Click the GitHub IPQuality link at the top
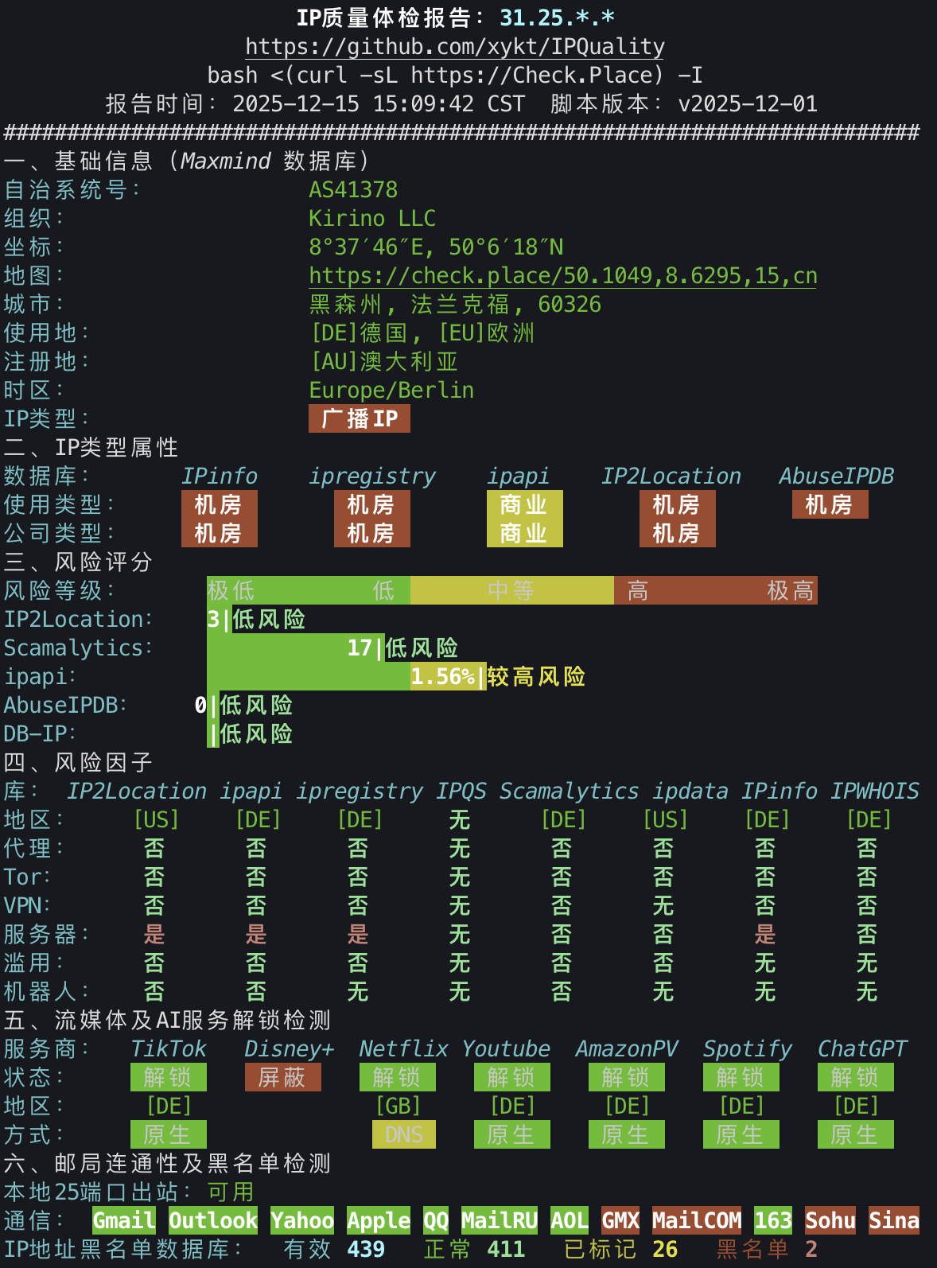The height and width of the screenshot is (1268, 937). [454, 47]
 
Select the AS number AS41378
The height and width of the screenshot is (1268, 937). [353, 189]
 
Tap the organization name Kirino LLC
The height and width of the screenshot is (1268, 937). [372, 218]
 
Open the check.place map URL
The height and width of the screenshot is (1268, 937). [562, 275]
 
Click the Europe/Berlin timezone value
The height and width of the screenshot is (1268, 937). [391, 390]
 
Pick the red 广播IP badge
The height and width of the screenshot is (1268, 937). [360, 418]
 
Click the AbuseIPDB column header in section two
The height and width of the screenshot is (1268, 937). [836, 476]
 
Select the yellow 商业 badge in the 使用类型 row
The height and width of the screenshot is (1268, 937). [524, 504]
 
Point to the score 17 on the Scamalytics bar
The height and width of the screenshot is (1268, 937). [360, 648]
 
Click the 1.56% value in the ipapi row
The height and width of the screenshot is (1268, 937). [443, 676]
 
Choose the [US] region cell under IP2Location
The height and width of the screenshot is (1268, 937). [156, 819]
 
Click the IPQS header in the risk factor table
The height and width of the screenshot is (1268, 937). [461, 791]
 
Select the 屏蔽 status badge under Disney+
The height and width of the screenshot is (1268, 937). [282, 1077]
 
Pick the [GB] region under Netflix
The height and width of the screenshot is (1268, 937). [398, 1106]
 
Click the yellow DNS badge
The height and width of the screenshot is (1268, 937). [404, 1134]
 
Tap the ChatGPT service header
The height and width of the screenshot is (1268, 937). [861, 1048]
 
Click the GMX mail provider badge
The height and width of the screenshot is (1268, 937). [620, 1220]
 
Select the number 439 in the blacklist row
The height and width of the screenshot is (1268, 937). [366, 1249]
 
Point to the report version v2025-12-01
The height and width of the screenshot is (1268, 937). [747, 103]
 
